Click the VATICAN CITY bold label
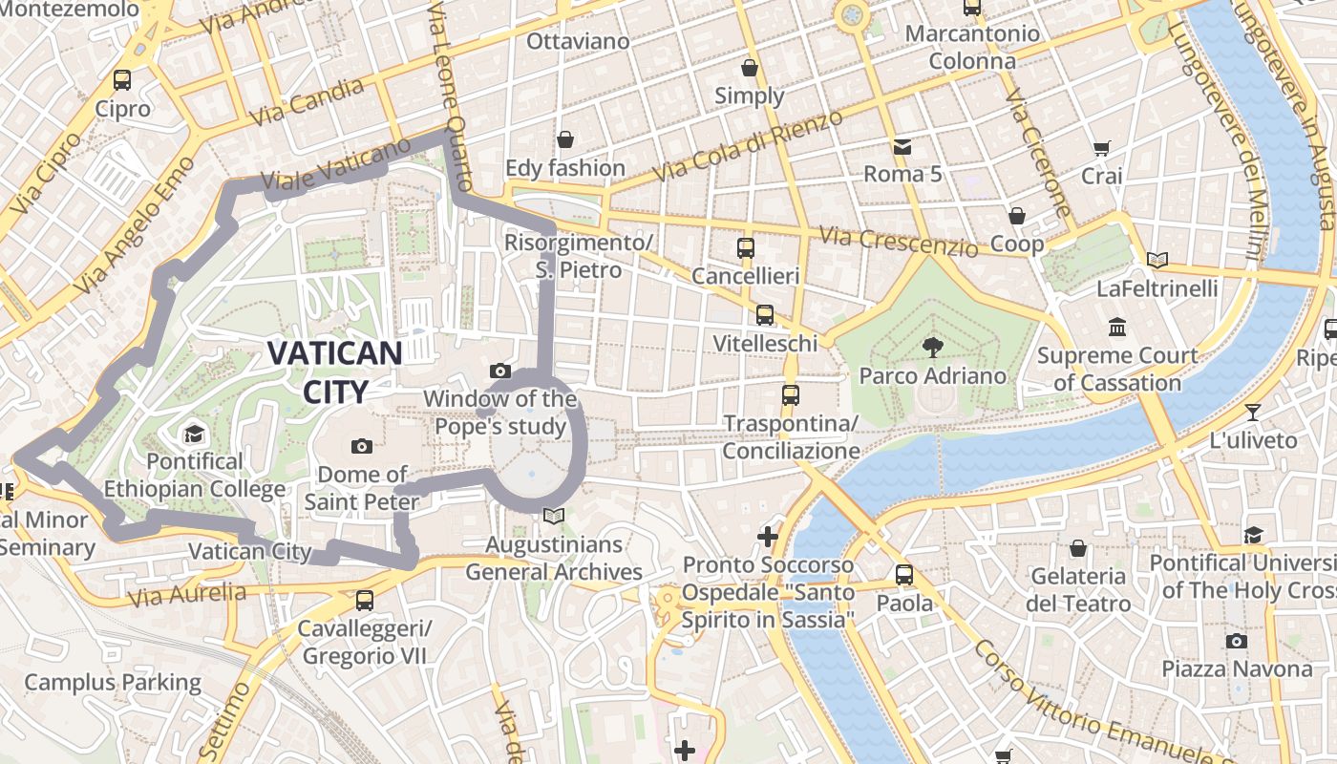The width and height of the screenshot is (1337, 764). pos(333,371)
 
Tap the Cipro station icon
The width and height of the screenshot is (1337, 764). pos(122,80)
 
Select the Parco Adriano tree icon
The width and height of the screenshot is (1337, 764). pos(932,348)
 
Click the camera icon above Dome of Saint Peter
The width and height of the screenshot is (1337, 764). pos(361,446)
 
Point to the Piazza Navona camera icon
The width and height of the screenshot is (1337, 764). pos(1237,641)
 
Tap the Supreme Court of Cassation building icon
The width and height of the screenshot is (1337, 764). pos(1117,328)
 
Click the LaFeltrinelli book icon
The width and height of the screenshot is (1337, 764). pos(1157,260)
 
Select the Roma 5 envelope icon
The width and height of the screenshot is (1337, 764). pos(902,146)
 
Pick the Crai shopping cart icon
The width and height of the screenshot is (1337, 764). pos(1102,148)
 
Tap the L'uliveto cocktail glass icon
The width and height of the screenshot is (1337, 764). pos(1253,413)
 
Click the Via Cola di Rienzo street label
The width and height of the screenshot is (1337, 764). pos(748,145)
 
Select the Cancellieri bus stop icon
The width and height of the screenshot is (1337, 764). pos(746,248)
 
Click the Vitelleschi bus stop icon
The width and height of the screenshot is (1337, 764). pos(765,315)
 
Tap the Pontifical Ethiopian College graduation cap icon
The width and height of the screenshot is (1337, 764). pos(195,435)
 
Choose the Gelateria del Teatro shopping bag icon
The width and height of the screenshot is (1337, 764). pos(1078,548)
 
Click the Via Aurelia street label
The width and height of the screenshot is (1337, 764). pos(186,595)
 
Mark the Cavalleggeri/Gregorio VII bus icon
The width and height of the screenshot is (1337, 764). pos(364,601)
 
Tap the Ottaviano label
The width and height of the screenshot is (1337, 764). pos(578,41)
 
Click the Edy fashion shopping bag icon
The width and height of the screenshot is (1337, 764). pos(565,140)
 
